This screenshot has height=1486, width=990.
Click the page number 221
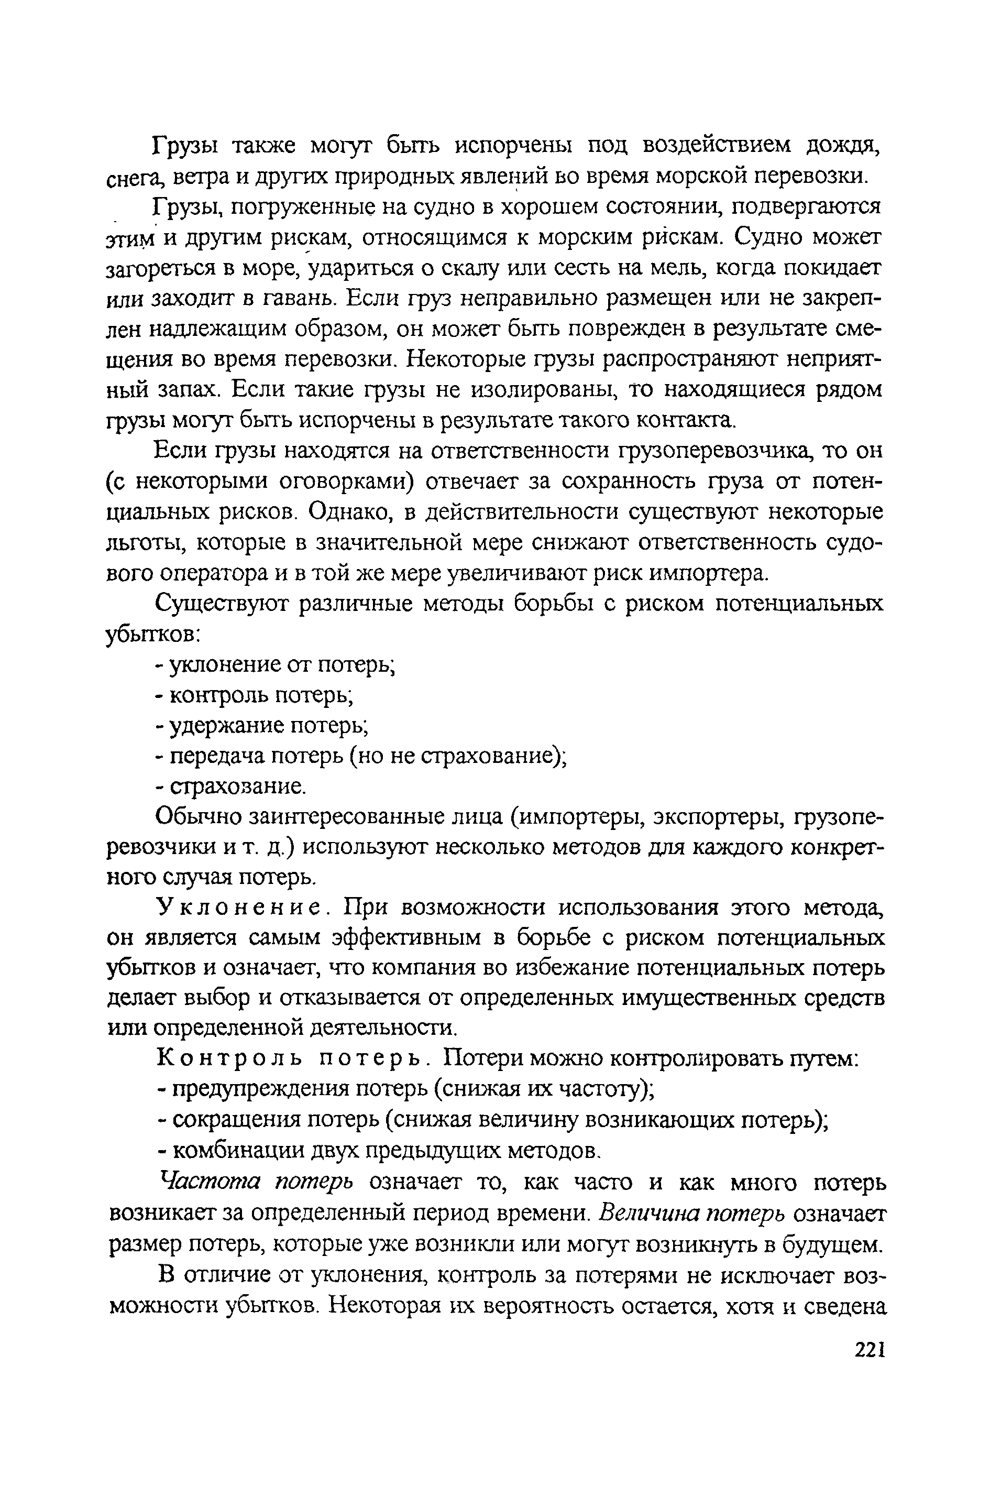pyautogui.click(x=870, y=1350)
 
